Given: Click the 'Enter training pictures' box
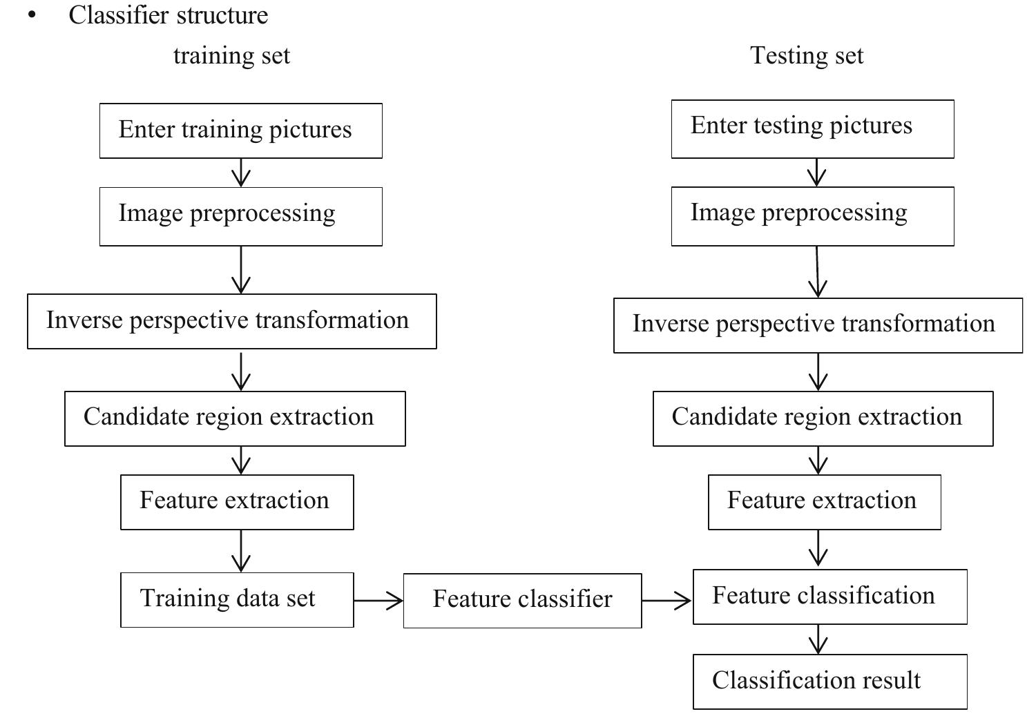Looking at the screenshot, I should [240, 130].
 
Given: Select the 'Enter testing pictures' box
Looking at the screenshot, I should [812, 129].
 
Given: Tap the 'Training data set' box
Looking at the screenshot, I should [237, 599].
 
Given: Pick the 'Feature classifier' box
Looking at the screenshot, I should [522, 600].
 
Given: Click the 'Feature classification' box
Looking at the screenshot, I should [829, 597].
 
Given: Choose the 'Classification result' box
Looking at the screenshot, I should [829, 681].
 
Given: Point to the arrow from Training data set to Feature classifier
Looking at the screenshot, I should [378, 601].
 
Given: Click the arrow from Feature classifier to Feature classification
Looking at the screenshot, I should [667, 601].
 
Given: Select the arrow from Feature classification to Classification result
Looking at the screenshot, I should [818, 639].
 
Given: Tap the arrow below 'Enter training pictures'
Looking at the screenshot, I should [241, 173].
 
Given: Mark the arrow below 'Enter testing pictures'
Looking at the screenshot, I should [817, 173].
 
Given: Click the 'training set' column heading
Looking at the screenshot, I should [231, 56].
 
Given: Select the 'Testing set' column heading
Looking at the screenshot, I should [807, 56].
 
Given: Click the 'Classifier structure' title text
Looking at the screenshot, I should [168, 15].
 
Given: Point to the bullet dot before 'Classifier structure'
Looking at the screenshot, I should [32, 15].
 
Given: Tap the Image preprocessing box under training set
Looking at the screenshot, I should [240, 216].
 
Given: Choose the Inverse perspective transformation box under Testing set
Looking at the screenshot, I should [818, 325].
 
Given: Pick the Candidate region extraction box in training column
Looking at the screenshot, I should [235, 418].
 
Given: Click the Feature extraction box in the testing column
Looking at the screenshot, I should [824, 502].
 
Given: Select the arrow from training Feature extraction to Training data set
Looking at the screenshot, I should [241, 551].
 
